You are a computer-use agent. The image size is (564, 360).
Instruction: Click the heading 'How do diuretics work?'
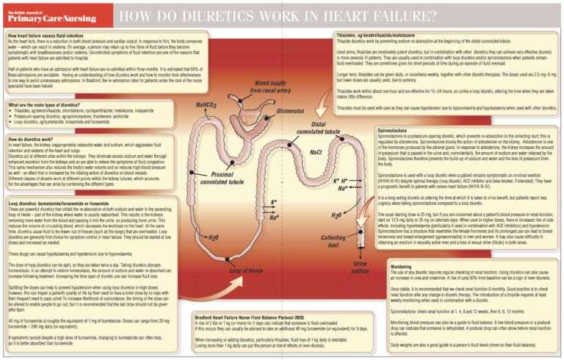pyautogui.click(x=32, y=137)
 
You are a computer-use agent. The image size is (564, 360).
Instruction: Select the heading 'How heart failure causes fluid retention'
pyautogui.click(x=51, y=35)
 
